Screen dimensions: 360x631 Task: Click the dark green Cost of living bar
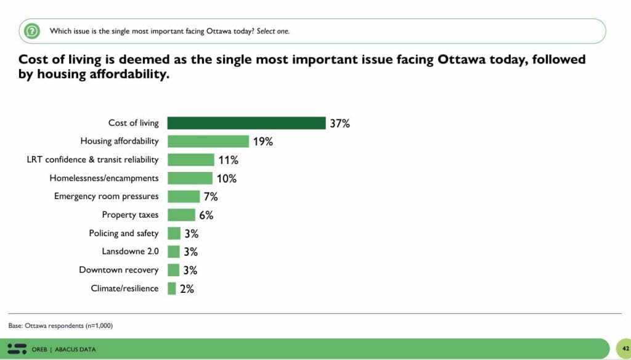tap(246, 123)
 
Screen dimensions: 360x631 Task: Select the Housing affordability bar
tap(208, 141)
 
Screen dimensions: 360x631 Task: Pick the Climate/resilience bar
tap(172, 288)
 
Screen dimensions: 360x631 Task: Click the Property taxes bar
tap(181, 215)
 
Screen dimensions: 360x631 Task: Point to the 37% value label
tap(340, 123)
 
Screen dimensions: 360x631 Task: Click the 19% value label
tap(263, 142)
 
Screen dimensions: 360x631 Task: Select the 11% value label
tap(228, 160)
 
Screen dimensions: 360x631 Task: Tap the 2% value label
tap(187, 288)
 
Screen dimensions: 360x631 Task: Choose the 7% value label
tap(211, 197)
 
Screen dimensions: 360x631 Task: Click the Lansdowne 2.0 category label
tap(130, 252)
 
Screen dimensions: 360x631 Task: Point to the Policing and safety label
tap(124, 233)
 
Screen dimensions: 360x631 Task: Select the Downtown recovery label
tap(119, 270)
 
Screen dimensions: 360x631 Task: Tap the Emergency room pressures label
tap(107, 197)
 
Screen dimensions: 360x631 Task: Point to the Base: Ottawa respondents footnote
tap(60, 325)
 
